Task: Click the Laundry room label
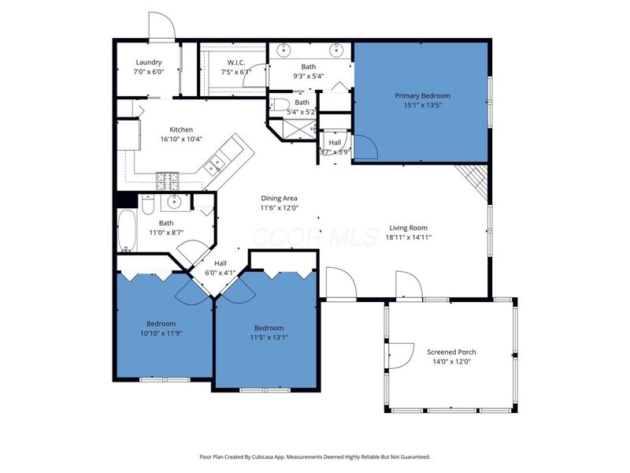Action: click(x=148, y=62)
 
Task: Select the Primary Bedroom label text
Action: click(x=422, y=95)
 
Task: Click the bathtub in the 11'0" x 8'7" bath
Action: click(x=126, y=230)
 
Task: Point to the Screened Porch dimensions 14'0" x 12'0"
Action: click(x=451, y=362)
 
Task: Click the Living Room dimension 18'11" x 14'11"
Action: click(x=409, y=236)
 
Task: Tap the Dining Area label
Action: click(x=280, y=198)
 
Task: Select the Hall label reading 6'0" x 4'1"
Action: click(x=220, y=273)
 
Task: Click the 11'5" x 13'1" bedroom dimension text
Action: click(x=268, y=337)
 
